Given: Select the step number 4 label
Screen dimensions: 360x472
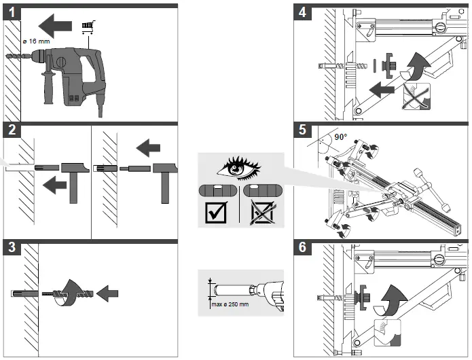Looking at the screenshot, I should point(302,12).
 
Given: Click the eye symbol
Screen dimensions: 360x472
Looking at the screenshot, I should point(240,168).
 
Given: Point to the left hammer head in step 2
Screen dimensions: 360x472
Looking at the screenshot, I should point(71,168).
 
